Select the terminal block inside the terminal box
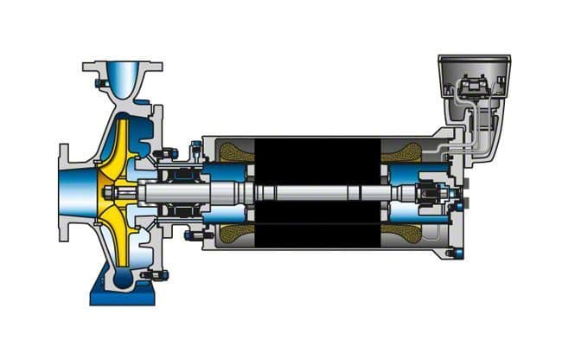click(472, 87)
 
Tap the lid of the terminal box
click(472, 60)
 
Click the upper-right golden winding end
click(403, 153)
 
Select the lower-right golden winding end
click(403, 232)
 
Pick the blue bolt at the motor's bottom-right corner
click(457, 253)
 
